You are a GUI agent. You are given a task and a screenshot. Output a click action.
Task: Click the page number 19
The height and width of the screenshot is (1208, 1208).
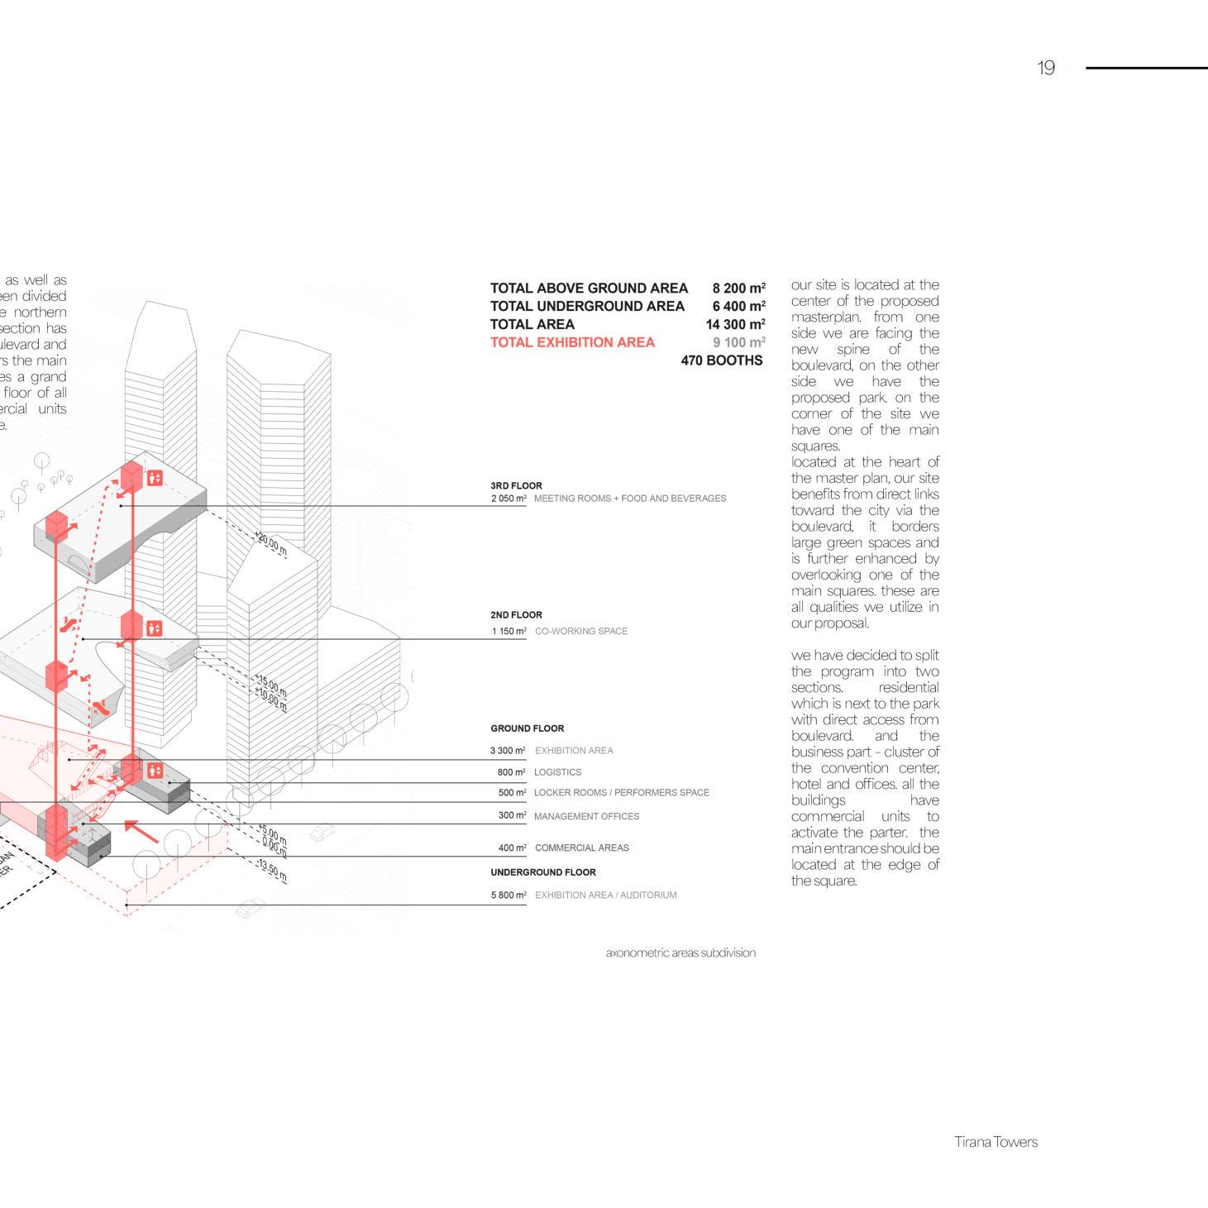1046,69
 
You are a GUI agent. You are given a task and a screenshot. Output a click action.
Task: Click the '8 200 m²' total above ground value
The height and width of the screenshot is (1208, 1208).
738,289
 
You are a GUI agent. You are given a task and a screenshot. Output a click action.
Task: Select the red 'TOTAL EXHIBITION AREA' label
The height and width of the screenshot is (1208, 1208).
572,342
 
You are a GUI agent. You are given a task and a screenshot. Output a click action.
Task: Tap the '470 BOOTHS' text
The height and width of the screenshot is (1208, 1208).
721,360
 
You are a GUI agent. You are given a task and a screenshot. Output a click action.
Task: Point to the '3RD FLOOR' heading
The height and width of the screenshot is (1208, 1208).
516,486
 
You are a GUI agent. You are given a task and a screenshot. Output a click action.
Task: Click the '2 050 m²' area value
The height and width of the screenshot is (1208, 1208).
509,499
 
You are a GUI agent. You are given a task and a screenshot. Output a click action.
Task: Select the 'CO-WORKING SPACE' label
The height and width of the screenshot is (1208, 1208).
580,631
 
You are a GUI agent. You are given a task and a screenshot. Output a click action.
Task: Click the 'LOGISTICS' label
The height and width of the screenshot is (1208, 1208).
557,772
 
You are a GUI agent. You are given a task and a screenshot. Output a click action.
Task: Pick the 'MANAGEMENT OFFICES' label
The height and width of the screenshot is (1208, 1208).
586,816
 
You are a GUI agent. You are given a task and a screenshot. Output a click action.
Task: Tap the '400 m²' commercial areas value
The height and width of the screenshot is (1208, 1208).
512,848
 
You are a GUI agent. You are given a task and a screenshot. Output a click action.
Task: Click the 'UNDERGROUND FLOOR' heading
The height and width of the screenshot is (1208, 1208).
542,872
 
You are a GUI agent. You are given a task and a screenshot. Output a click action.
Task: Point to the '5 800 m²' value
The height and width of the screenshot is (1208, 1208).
509,895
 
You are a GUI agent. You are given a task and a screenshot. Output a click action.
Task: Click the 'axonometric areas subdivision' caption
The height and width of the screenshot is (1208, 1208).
680,953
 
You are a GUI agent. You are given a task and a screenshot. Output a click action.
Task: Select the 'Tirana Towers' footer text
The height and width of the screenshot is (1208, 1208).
996,1142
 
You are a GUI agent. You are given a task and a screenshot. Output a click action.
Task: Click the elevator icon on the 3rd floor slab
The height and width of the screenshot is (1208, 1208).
155,478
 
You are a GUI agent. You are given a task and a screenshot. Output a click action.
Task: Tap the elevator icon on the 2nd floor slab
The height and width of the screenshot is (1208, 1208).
155,628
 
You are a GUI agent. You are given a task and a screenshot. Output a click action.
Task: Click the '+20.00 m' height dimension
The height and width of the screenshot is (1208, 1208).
271,544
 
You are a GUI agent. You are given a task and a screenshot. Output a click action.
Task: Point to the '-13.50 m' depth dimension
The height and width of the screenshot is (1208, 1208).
273,871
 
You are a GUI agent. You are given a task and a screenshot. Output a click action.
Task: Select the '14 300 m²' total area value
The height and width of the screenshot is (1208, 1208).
735,325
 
